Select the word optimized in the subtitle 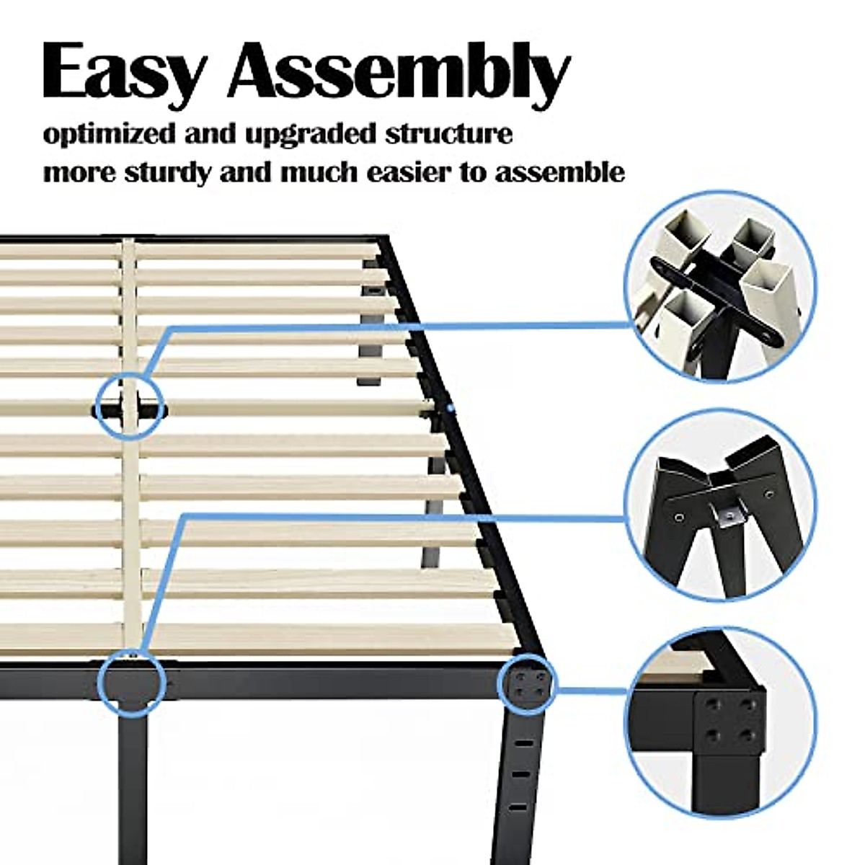click(99, 136)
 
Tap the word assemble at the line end click(559, 174)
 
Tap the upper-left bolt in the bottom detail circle click(713, 701)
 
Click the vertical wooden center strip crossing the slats click(130, 505)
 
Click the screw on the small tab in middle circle click(729, 515)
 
